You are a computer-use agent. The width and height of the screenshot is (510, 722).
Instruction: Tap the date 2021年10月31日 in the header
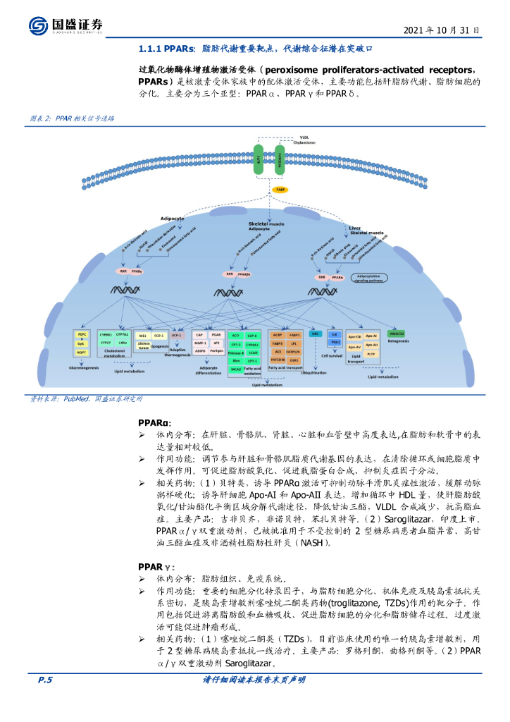(x=442, y=30)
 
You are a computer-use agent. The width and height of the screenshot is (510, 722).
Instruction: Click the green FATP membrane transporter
(x=261, y=161)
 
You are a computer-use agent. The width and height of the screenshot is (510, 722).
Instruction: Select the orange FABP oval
(x=280, y=191)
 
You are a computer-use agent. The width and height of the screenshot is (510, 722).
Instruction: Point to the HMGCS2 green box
(x=397, y=334)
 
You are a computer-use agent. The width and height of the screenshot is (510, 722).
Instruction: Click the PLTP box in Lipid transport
(x=373, y=354)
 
